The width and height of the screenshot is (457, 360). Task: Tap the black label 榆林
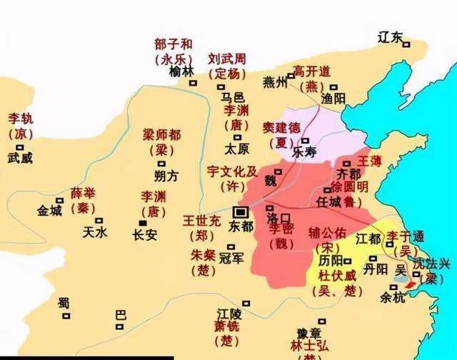pos(182,71)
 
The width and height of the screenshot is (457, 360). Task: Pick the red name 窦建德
pos(280,126)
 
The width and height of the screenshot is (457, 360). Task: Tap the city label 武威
pos(20,158)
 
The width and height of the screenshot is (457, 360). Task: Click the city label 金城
pos(50,211)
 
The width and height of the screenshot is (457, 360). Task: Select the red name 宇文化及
pos(232,172)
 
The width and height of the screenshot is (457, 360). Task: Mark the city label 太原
pos(236,150)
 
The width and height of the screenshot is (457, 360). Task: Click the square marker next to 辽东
pos(406,44)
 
